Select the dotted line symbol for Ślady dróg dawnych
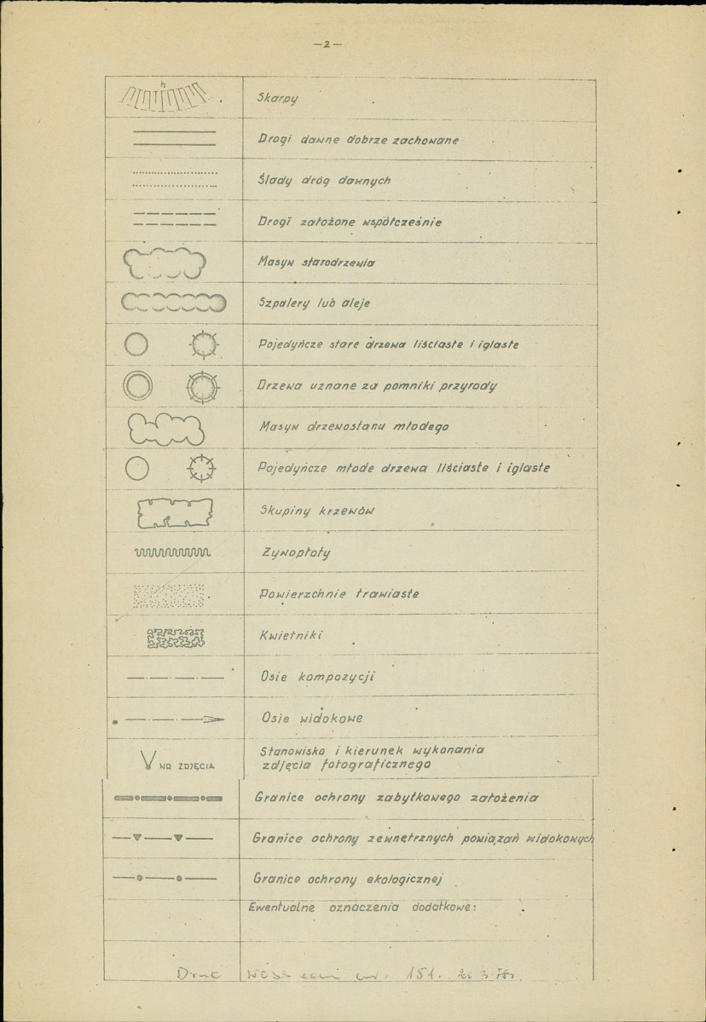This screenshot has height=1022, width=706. tap(175, 181)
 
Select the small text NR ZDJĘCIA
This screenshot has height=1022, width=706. tap(188, 765)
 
